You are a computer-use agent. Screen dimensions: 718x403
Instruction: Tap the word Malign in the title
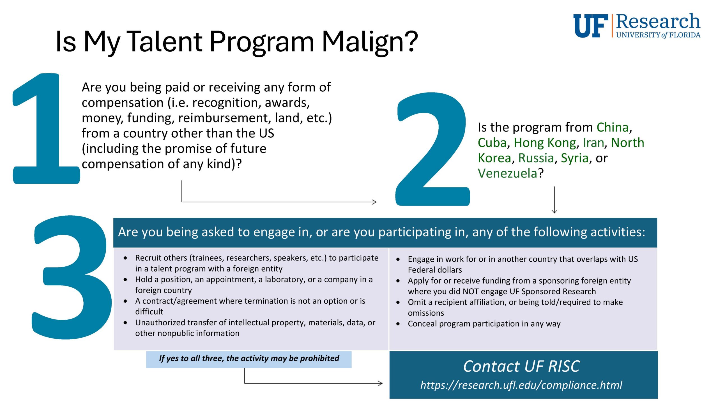[365, 42]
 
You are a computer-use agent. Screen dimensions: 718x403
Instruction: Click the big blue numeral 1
[46, 128]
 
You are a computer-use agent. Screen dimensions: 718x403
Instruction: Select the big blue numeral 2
[432, 149]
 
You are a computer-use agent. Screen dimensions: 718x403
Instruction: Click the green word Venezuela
[507, 173]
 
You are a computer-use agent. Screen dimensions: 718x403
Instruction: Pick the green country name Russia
[536, 158]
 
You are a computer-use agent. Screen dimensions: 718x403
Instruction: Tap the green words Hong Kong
[545, 143]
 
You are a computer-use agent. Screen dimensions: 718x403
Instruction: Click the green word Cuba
[492, 142]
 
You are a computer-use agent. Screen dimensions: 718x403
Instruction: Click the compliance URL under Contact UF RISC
[521, 385]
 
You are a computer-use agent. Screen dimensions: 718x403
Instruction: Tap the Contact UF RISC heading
[521, 366]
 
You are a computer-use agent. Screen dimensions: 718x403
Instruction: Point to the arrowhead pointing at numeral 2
[374, 202]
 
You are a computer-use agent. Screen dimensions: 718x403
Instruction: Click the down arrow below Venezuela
[554, 200]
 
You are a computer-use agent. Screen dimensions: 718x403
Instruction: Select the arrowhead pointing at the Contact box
[380, 383]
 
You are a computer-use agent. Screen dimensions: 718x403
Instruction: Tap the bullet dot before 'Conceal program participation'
[398, 324]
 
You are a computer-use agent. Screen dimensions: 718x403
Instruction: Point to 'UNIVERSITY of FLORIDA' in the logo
[658, 35]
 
